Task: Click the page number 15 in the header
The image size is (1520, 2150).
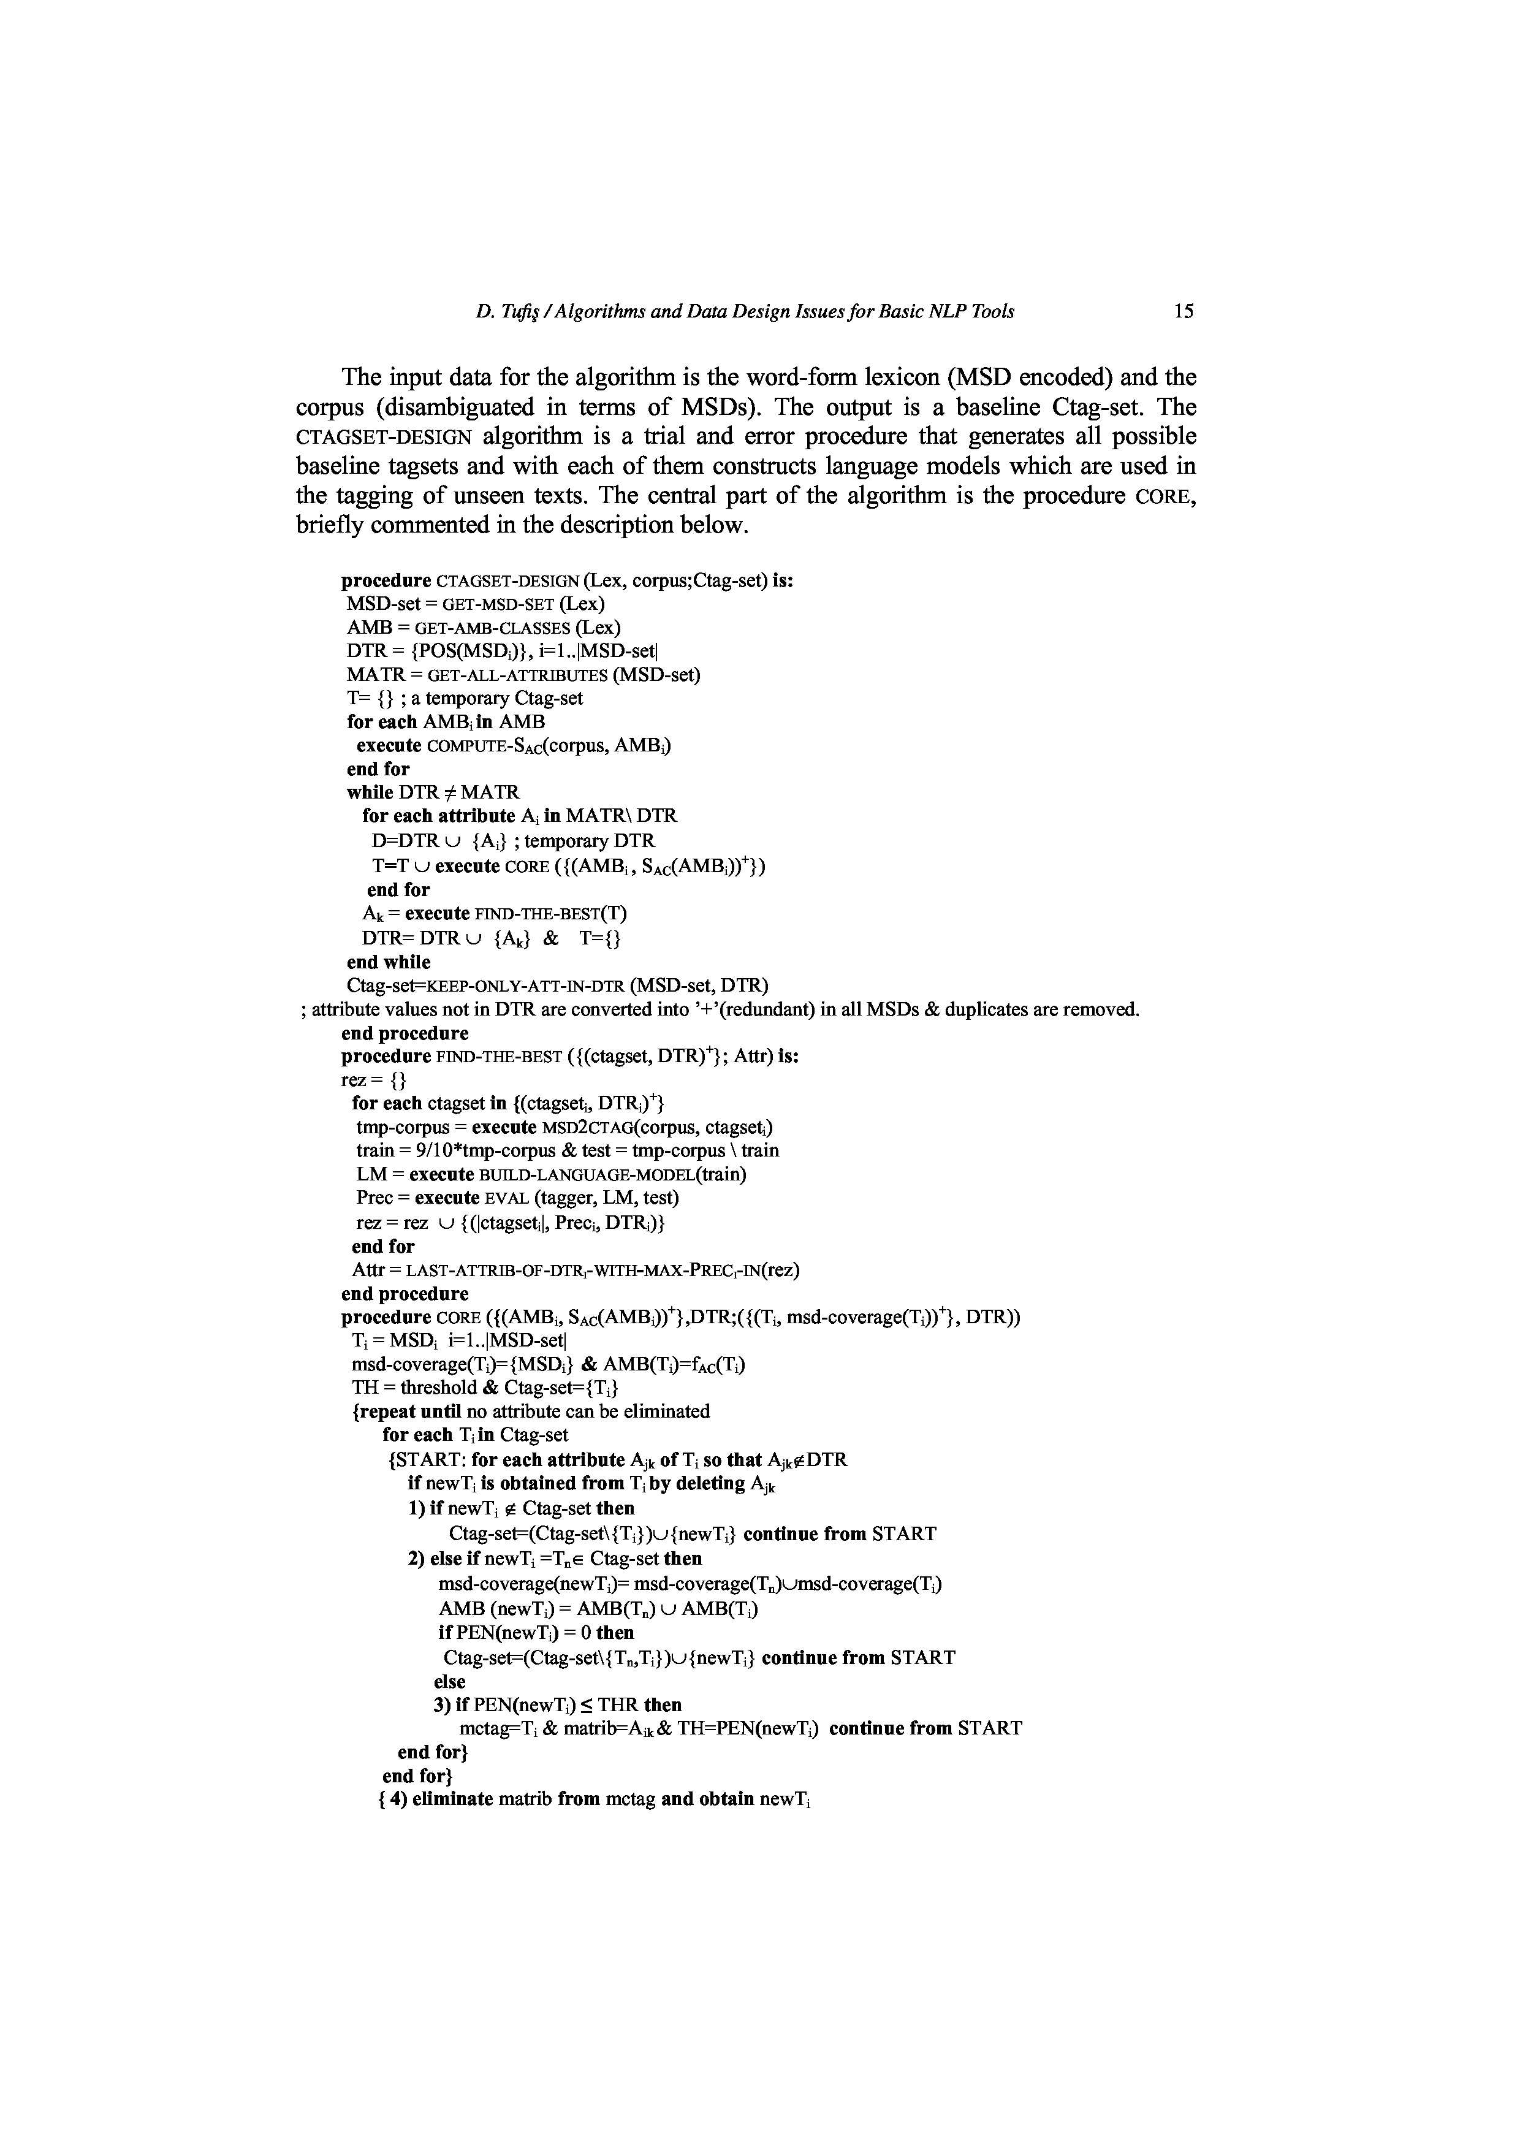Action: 1184,312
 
